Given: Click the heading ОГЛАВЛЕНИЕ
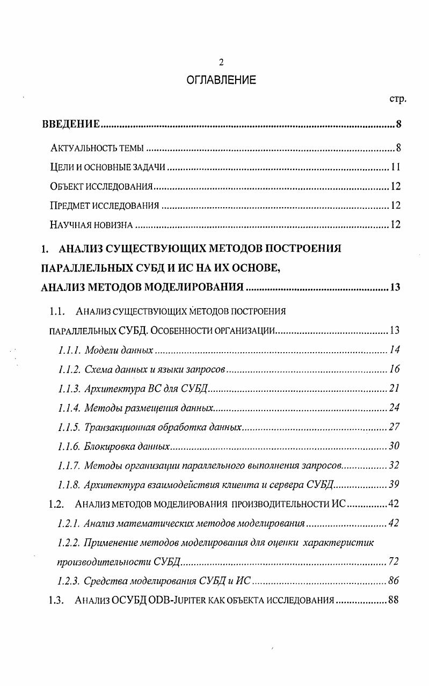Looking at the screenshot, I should point(221,81).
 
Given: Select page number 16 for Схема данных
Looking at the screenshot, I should point(395,369).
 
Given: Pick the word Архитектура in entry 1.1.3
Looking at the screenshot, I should point(112,389).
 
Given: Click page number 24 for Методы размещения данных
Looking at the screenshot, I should point(395,408).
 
